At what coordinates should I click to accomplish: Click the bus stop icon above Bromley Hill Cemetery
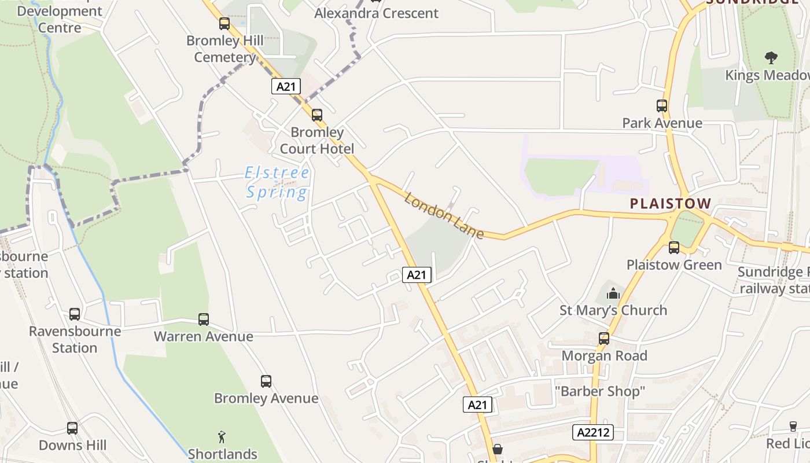[x=224, y=24]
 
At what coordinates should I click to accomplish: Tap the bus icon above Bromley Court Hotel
[x=317, y=115]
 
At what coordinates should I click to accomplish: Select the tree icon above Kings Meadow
[x=771, y=57]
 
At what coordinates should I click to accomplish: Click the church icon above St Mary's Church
[x=613, y=293]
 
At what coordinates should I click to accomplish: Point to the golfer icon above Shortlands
[x=222, y=436]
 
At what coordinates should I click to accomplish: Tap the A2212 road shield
[x=593, y=432]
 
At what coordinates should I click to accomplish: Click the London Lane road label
[x=444, y=216]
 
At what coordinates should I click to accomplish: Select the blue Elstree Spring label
[x=277, y=182]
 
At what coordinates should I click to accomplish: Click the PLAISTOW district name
[x=670, y=204]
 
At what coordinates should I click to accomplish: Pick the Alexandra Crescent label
[x=376, y=13]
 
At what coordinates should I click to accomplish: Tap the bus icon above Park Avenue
[x=662, y=106]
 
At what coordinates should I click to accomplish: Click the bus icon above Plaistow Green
[x=674, y=248]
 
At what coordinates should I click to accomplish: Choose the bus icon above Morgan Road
[x=604, y=339]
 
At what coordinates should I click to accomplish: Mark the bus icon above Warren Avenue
[x=204, y=319]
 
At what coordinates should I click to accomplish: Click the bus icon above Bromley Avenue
[x=266, y=381]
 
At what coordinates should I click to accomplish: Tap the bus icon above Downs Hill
[x=72, y=428]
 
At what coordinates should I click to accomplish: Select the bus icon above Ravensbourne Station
[x=75, y=314]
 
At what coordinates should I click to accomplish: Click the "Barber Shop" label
[x=599, y=392]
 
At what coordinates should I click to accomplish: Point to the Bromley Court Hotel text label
[x=317, y=141]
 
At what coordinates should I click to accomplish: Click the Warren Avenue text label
[x=204, y=336]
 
